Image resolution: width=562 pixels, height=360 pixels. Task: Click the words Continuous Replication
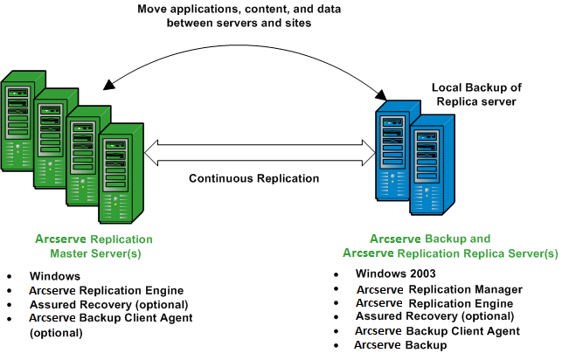click(254, 179)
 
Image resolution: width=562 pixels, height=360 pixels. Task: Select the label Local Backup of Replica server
click(476, 94)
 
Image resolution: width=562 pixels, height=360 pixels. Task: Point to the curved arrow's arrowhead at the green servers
click(109, 85)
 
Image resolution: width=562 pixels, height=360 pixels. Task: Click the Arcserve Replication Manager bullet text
click(439, 289)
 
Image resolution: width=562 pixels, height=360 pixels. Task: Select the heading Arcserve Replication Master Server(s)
click(94, 246)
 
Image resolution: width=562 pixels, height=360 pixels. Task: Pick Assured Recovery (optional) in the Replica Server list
click(429, 316)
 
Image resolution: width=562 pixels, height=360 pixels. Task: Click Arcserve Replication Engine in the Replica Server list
click(434, 303)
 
